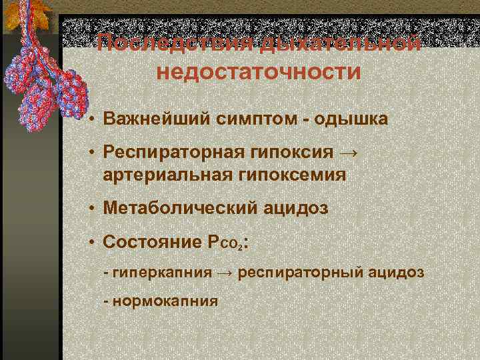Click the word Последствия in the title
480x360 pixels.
175,44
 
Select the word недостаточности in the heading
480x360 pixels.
258,71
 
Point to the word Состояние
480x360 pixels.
149,241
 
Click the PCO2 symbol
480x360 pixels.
225,242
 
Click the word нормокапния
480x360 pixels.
165,300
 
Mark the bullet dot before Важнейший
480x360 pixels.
91,119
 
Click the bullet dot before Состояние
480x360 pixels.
91,241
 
